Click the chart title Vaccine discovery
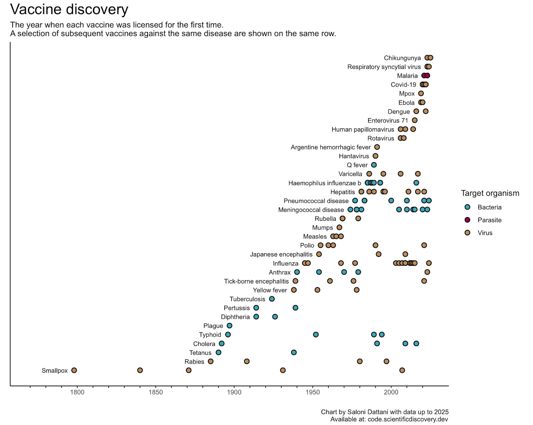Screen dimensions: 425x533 click(x=69, y=9)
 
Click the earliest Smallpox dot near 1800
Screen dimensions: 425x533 click(x=74, y=370)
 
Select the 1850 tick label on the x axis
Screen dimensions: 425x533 click(x=156, y=392)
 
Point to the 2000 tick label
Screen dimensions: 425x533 click(x=391, y=392)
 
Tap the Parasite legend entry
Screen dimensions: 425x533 click(x=489, y=220)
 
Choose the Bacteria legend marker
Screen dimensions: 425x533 click(x=467, y=207)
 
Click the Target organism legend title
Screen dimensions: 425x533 click(x=490, y=193)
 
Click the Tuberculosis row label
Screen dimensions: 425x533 click(x=247, y=299)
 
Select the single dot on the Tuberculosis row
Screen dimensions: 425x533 click(x=272, y=299)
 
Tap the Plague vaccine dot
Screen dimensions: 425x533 click(x=229, y=326)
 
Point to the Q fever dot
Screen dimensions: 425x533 click(x=374, y=165)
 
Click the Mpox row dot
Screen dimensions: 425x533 click(x=421, y=94)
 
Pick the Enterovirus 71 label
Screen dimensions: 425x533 click(x=388, y=121)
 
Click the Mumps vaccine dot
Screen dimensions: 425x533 click(x=339, y=227)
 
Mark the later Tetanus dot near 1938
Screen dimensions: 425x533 click(x=293, y=352)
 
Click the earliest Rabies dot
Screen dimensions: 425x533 click(x=211, y=361)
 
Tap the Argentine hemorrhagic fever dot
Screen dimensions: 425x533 click(x=377, y=147)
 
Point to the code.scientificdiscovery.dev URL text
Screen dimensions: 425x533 click(x=408, y=419)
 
